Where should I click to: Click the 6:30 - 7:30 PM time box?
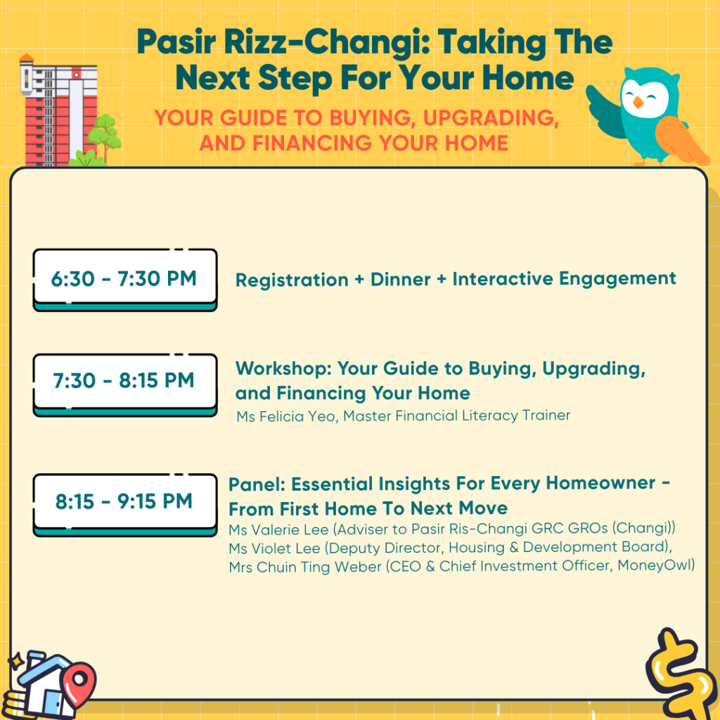click(125, 280)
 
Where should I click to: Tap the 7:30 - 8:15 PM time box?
click(125, 385)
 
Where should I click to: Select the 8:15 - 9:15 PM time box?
click(125, 505)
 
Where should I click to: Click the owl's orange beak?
click(638, 102)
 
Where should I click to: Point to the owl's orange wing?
click(680, 140)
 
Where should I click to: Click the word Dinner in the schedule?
click(400, 279)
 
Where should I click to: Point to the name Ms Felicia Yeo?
click(287, 416)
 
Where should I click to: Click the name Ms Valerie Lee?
click(278, 529)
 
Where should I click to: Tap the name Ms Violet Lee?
click(275, 548)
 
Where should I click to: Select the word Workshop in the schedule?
click(283, 368)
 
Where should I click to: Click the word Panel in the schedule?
click(257, 484)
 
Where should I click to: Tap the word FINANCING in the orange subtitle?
click(312, 143)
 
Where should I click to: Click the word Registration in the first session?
click(292, 280)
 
